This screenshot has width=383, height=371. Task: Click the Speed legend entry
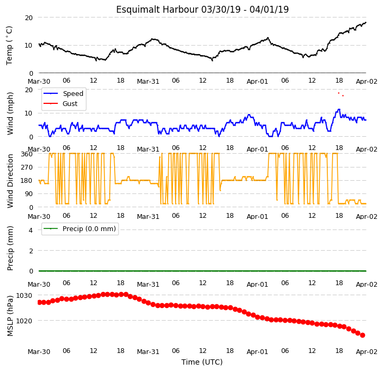pyautogui.click(x=63, y=93)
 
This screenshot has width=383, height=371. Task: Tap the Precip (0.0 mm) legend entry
pyautogui.click(x=80, y=229)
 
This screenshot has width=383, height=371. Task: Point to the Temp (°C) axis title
pyautogui.click(x=9, y=46)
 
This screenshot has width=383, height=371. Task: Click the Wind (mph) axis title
pyautogui.click(x=10, y=113)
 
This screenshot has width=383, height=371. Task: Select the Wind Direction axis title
pyautogui.click(x=10, y=181)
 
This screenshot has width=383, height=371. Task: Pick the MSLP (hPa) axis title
pyautogui.click(x=10, y=316)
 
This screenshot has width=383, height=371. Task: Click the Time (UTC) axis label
pyautogui.click(x=202, y=362)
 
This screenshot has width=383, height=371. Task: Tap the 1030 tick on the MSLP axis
pyautogui.click(x=24, y=296)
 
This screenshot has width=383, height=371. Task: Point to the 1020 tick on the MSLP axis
pyautogui.click(x=24, y=321)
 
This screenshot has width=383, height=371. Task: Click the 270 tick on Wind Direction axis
pyautogui.click(x=27, y=167)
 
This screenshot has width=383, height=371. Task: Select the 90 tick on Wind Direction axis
pyautogui.click(x=29, y=194)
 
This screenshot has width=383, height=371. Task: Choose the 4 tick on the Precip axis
pyautogui.click(x=31, y=230)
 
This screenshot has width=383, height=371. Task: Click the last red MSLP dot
pyautogui.click(x=363, y=335)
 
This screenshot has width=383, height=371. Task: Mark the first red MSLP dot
pyautogui.click(x=39, y=303)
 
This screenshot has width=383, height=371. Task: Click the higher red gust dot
pyautogui.click(x=338, y=93)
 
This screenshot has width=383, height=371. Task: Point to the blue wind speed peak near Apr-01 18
pyautogui.click(x=339, y=109)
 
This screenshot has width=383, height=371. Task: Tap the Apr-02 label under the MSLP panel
pyautogui.click(x=367, y=352)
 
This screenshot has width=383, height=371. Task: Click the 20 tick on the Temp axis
pyautogui.click(x=29, y=18)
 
